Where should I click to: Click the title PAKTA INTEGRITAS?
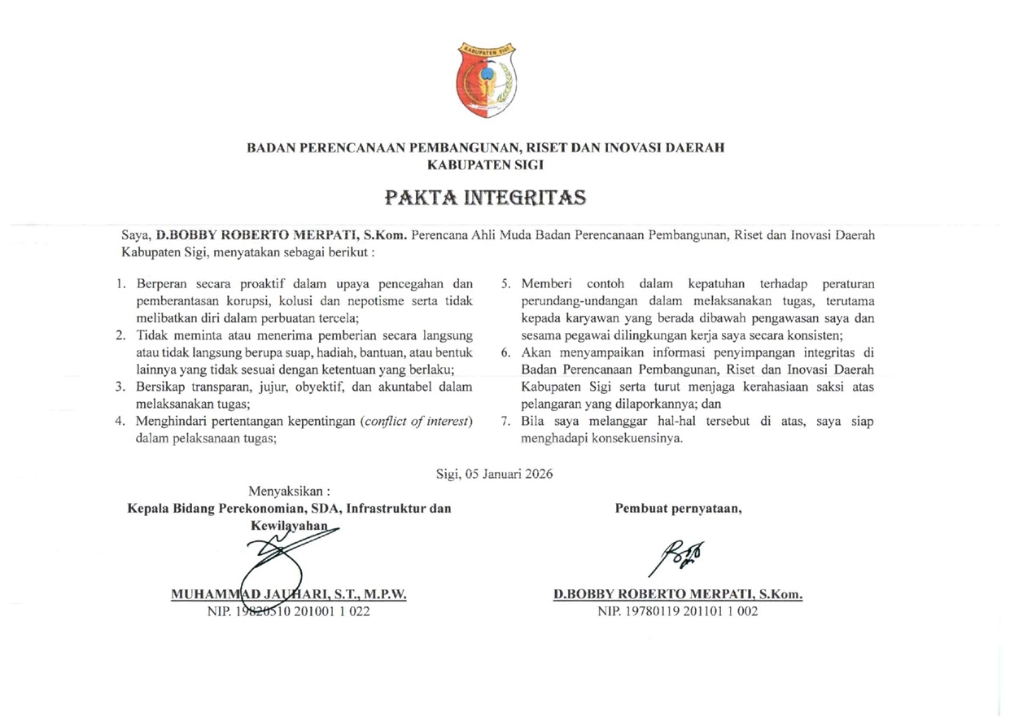coord(486,198)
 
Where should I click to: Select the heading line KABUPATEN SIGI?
coord(486,164)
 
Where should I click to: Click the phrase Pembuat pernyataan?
coord(679,510)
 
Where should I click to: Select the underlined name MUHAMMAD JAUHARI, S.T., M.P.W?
coord(289,595)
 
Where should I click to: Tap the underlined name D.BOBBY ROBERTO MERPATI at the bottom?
coord(678,595)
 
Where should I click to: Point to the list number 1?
coord(119,284)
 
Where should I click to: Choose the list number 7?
coord(505,421)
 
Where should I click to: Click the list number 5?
coord(505,284)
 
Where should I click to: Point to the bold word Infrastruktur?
coord(387,510)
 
